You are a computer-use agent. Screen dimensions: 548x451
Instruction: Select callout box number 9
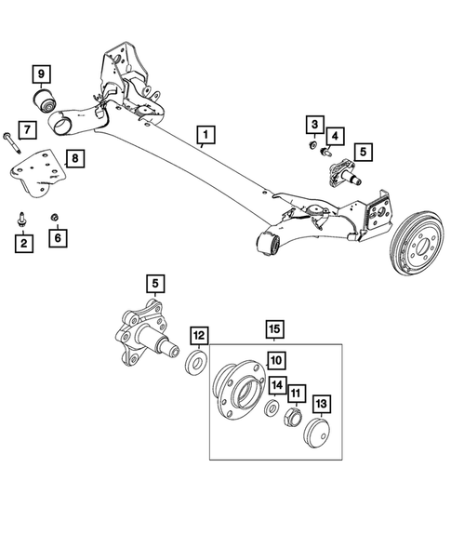coord(40,73)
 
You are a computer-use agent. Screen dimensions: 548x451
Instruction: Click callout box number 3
coord(315,125)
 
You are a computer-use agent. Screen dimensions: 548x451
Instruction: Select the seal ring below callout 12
coord(197,360)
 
